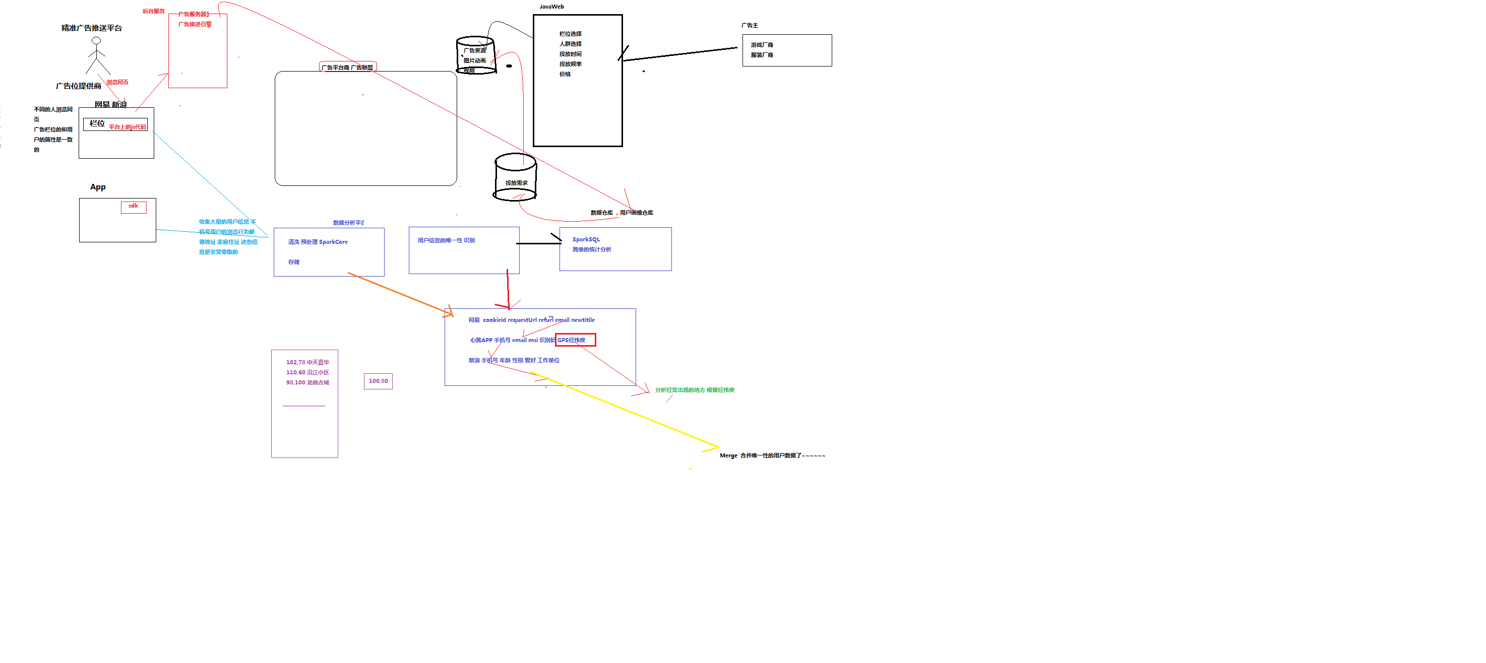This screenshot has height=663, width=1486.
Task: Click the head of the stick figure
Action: click(x=96, y=40)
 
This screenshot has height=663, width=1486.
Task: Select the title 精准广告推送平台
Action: click(x=92, y=28)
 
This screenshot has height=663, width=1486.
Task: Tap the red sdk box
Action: click(x=133, y=207)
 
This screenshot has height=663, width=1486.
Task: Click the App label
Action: click(x=98, y=187)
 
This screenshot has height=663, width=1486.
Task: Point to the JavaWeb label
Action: click(x=551, y=7)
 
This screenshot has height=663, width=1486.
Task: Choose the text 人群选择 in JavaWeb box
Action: click(x=570, y=44)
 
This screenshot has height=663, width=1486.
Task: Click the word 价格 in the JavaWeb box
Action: click(x=565, y=74)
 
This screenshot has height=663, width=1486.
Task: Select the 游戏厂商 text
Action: click(x=762, y=45)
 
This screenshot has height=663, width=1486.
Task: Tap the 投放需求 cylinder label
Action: click(x=516, y=183)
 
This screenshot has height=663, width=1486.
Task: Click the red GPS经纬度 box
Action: click(x=575, y=340)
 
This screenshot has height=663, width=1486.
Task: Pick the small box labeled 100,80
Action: click(x=379, y=381)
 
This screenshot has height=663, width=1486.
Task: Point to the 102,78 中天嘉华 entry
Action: click(x=307, y=362)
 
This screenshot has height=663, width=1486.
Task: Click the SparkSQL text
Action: click(x=586, y=239)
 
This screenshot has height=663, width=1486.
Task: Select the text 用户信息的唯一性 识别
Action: click(x=446, y=240)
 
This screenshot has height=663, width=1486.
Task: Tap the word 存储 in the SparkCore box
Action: click(x=294, y=262)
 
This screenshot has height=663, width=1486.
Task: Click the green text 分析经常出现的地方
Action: click(x=679, y=390)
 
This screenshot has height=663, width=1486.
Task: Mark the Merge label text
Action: click(x=728, y=455)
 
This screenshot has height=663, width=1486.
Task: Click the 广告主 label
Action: click(x=750, y=25)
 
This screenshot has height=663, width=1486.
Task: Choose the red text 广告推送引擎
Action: click(x=195, y=24)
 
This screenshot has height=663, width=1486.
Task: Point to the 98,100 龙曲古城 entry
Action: click(x=307, y=382)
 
